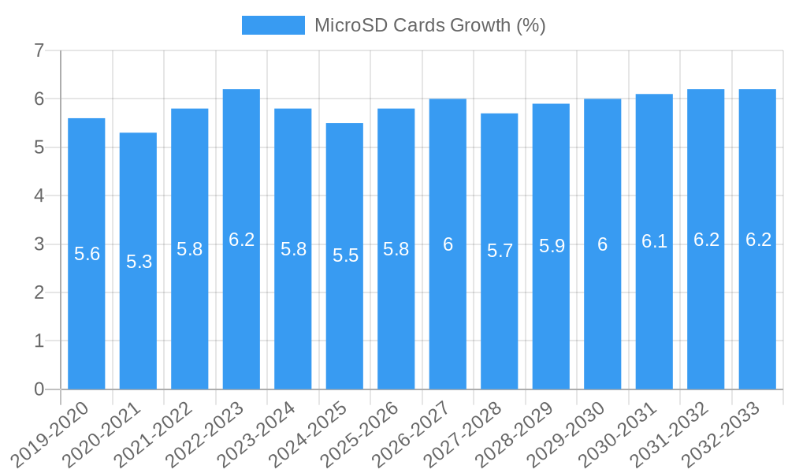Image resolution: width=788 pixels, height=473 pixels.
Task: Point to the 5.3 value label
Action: [x=139, y=262]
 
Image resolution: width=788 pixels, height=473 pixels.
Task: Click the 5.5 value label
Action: [x=345, y=255]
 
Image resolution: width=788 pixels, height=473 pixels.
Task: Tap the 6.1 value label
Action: [x=654, y=242]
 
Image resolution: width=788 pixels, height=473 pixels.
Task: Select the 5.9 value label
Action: [x=552, y=246]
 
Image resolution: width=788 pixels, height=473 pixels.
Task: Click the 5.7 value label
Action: [x=500, y=251]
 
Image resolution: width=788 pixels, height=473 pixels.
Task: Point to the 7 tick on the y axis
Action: [x=39, y=51]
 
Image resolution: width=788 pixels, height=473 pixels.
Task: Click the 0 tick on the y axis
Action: [x=39, y=389]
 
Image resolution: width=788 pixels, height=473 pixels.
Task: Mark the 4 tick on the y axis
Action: [x=39, y=196]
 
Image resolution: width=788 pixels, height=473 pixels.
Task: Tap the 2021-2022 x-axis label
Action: [x=155, y=434]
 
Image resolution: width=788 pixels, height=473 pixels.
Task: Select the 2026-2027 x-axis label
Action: [x=413, y=434]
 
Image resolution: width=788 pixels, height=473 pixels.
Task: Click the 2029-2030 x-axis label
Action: [x=567, y=434]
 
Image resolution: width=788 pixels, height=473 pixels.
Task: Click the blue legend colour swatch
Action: [x=273, y=25]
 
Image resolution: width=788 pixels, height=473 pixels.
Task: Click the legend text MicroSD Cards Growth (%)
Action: [x=429, y=25]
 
